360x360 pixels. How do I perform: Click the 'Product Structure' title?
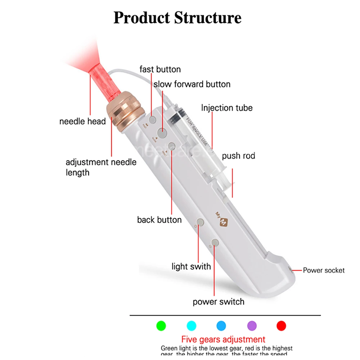177,18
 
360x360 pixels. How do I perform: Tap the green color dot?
161,326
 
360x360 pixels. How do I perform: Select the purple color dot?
252,326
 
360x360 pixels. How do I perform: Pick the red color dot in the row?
281,326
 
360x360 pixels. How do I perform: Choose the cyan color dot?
192,326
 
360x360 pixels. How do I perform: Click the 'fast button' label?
160,69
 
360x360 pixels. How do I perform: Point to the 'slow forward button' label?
192,84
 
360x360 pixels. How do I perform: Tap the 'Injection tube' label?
227,108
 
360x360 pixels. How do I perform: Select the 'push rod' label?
238,156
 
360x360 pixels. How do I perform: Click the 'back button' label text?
159,220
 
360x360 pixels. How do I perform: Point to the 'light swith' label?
191,266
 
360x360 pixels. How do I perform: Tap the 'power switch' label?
219,302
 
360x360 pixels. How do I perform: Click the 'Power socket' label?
324,270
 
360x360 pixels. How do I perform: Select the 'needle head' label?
82,121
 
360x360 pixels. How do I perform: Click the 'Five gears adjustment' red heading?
223,339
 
